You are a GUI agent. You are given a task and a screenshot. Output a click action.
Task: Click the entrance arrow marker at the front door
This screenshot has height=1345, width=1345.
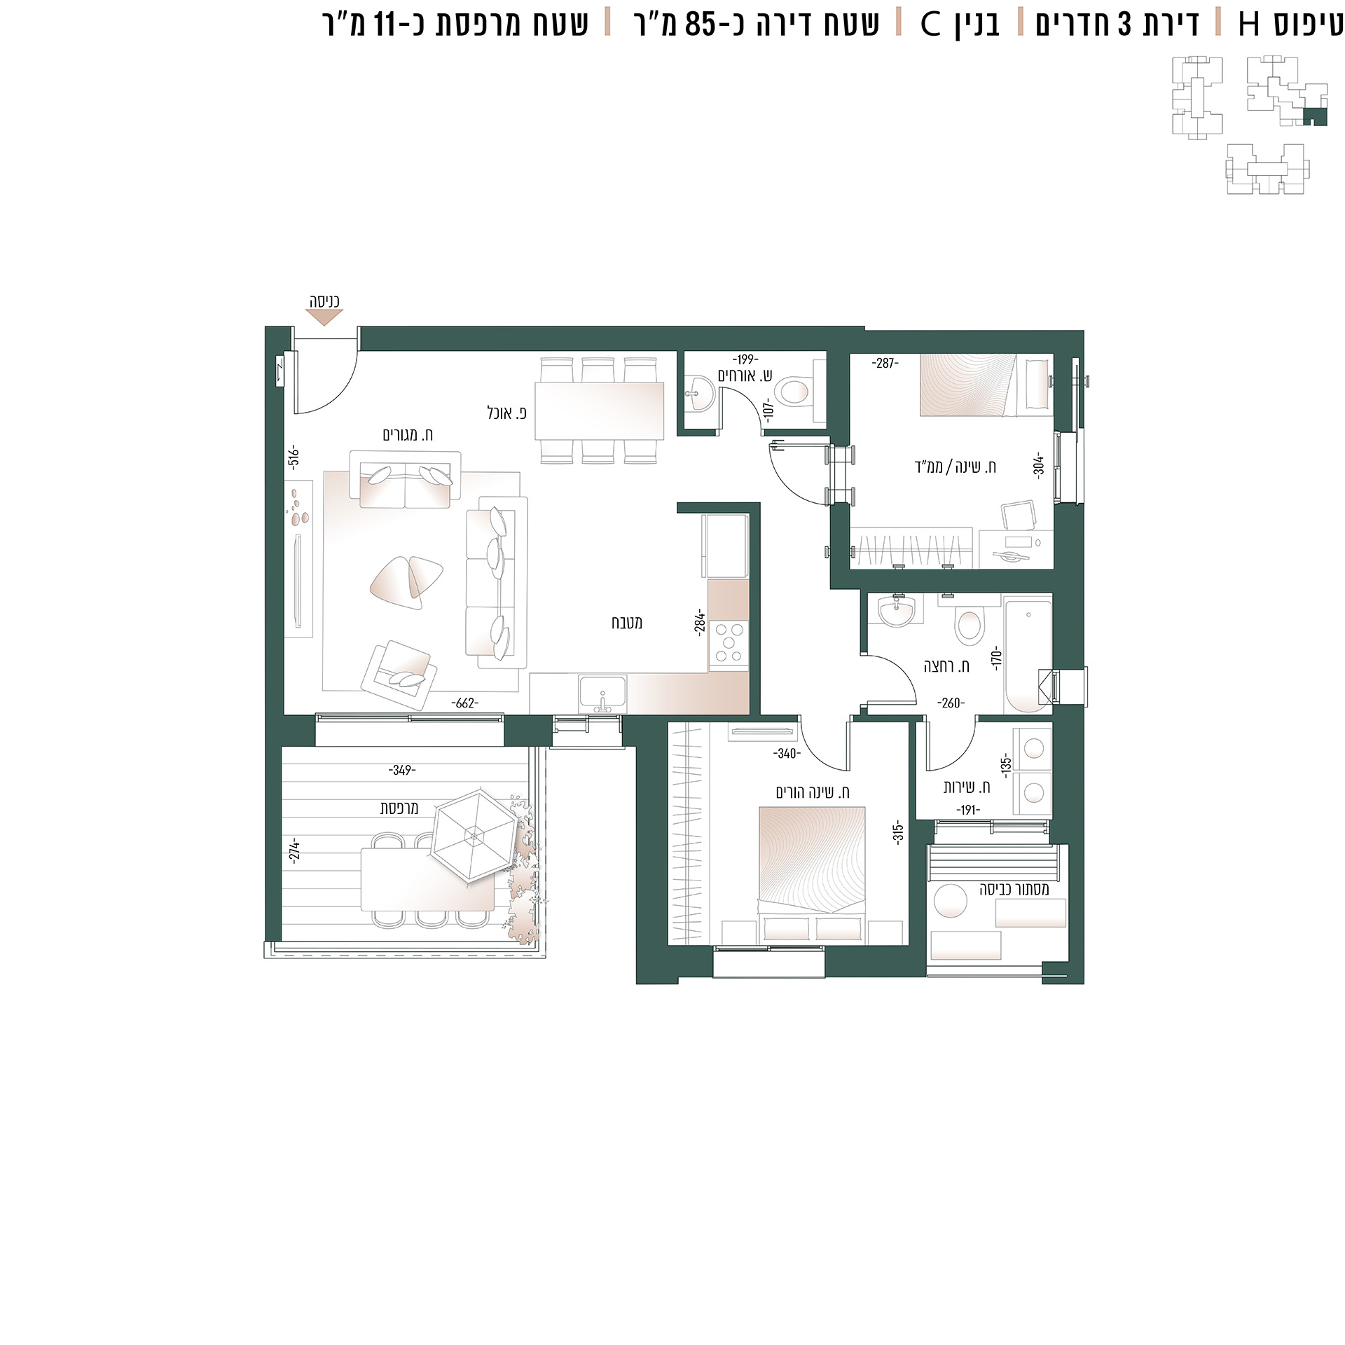click(x=324, y=317)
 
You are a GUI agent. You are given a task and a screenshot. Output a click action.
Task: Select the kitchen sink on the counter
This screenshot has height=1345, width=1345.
click(x=602, y=694)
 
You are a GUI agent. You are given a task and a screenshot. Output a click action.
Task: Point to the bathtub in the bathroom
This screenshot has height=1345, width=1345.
click(x=1028, y=656)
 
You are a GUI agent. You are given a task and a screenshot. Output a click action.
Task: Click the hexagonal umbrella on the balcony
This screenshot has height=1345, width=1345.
click(x=474, y=834)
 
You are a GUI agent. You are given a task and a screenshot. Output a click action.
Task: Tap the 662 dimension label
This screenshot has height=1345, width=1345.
click(x=465, y=703)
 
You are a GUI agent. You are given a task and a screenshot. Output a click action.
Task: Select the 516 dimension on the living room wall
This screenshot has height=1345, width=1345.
click(x=294, y=456)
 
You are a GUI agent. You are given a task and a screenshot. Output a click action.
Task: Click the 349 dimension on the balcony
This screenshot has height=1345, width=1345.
click(x=402, y=770)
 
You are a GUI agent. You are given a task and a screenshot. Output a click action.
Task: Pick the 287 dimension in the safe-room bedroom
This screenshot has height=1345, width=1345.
click(x=885, y=363)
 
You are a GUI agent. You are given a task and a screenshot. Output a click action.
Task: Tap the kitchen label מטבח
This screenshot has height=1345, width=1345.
click(x=627, y=622)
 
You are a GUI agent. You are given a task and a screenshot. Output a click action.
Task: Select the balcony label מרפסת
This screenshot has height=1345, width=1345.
click(x=399, y=808)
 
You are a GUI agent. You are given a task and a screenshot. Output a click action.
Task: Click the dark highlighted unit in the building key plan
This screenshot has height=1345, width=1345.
click(x=1315, y=117)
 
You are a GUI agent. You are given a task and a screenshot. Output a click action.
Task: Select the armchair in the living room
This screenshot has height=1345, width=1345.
click(x=397, y=675)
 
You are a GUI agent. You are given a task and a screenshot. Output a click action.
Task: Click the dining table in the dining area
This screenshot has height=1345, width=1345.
click(x=599, y=411)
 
